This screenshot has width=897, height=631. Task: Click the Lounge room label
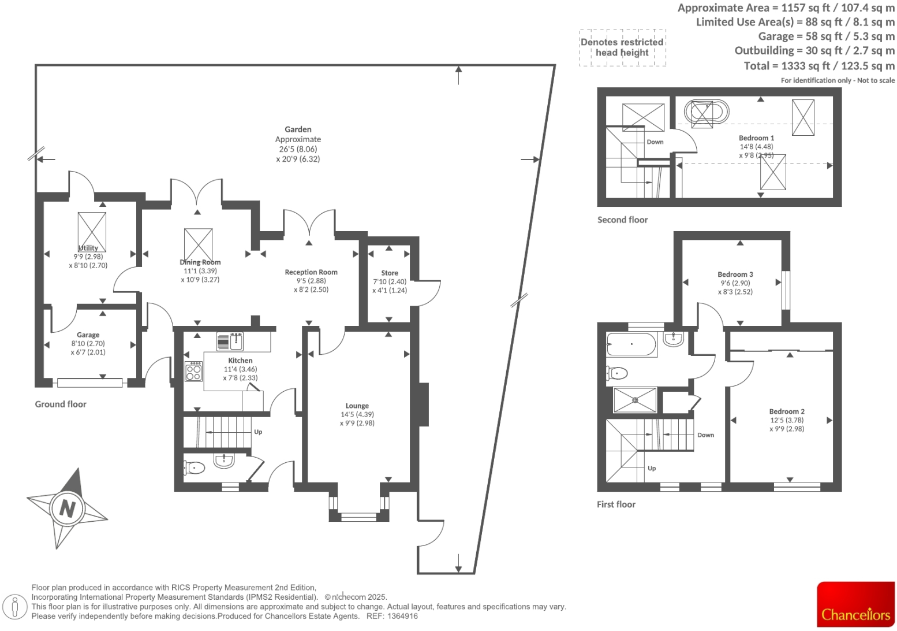[357, 406]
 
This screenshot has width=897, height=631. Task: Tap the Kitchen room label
[240, 360]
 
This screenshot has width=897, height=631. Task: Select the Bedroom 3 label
[735, 274]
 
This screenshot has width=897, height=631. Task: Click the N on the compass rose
[68, 508]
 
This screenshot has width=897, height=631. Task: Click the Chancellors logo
[855, 604]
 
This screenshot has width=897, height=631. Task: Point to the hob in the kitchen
[194, 372]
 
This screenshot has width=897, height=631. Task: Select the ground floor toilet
[194, 467]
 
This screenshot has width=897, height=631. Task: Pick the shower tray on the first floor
[635, 400]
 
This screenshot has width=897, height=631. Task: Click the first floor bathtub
[631, 344]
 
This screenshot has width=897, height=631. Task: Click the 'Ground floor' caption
[61, 404]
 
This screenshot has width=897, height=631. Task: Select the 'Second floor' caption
[622, 220]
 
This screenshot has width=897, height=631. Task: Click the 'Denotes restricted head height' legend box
[622, 47]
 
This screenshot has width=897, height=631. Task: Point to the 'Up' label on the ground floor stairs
[258, 432]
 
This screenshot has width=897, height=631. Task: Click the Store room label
[390, 273]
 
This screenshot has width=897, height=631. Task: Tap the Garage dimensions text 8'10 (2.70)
[88, 343]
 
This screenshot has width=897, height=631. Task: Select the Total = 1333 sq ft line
[818, 66]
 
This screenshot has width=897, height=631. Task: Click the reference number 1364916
[402, 616]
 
